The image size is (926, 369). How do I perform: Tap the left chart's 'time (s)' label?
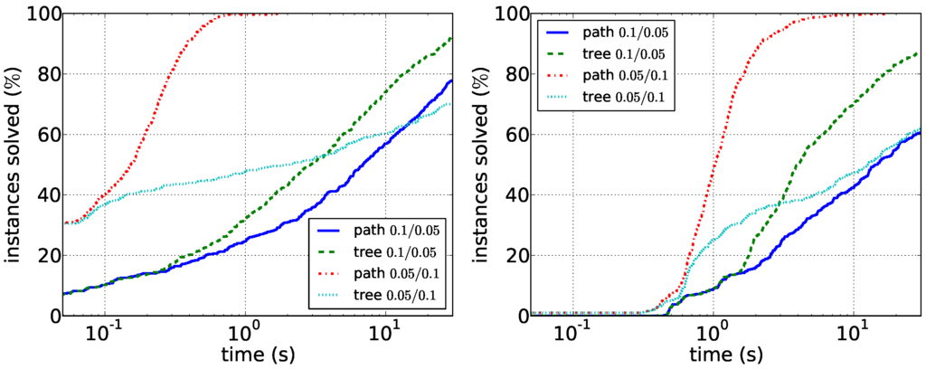pyautogui.click(x=257, y=354)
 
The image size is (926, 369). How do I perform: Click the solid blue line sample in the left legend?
pyautogui.click(x=329, y=232)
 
